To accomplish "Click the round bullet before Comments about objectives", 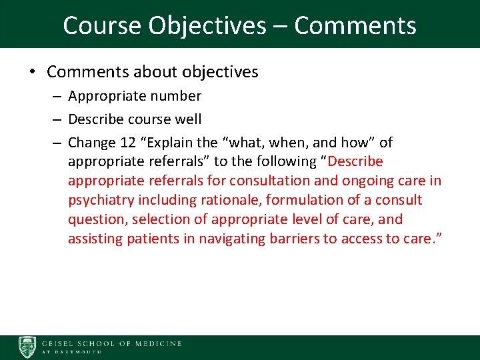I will (33, 72).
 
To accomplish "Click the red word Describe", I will (356, 161).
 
